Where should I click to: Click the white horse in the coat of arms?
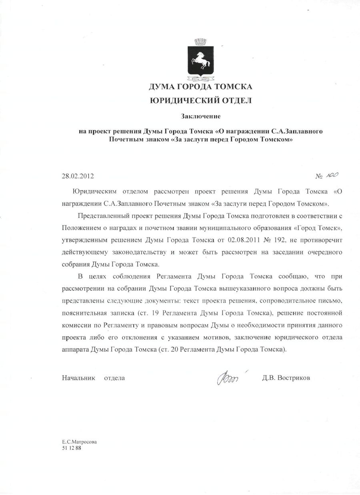coord(200,61)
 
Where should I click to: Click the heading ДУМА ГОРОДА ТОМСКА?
coord(200,86)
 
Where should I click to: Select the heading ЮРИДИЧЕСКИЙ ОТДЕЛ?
coord(200,101)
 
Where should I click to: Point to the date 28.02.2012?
coord(78,176)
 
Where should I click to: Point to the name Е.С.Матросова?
coord(79,442)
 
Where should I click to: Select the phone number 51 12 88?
coord(71,448)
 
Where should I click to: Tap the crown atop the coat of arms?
coord(200,41)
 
